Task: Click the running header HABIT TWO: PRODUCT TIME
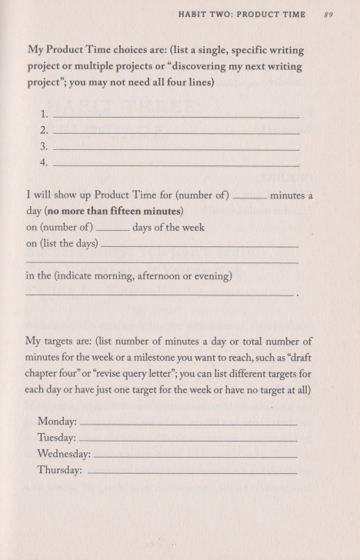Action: tap(241, 15)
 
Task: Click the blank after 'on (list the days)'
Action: tap(199, 246)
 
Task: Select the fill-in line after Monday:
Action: tap(188, 424)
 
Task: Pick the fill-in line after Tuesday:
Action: tap(188, 440)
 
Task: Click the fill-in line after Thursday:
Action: tap(192, 472)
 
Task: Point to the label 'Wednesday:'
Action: tap(64, 454)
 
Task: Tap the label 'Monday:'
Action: tap(57, 422)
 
